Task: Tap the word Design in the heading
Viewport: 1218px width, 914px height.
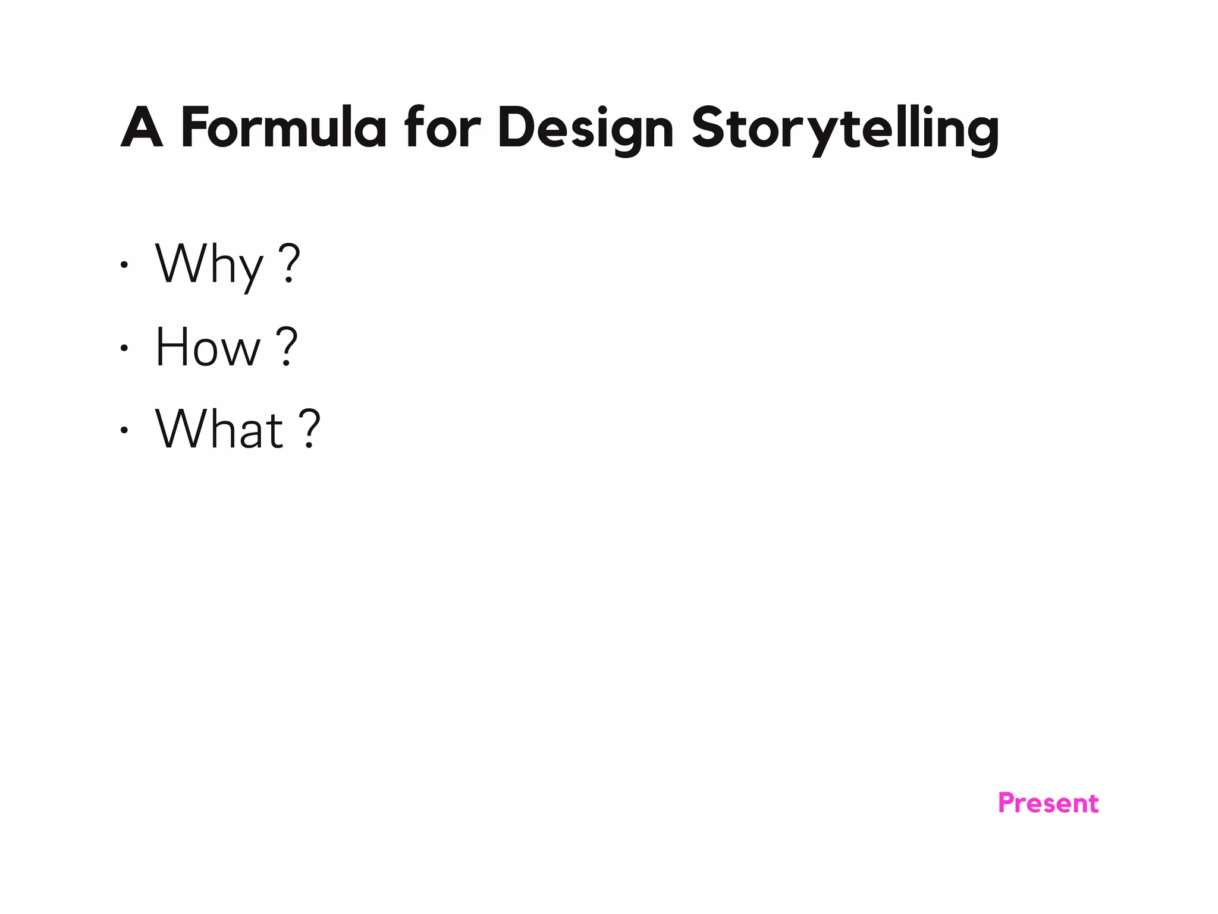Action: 585,129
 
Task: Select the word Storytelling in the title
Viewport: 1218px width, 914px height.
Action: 845,129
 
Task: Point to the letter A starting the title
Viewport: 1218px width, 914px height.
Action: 142,127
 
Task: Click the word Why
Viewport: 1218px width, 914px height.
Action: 209,265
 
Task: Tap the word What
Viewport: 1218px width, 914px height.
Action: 219,429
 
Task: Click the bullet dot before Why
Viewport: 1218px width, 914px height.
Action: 124,265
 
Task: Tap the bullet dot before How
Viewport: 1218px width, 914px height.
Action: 124,348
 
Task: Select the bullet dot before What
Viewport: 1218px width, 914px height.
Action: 124,430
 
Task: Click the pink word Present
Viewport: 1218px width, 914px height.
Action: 1048,803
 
